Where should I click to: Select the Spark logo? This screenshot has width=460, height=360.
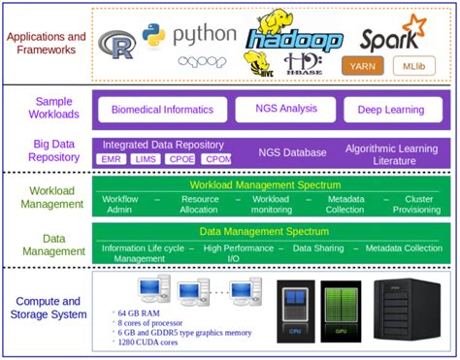click(392, 33)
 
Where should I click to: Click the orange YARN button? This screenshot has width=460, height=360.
click(363, 65)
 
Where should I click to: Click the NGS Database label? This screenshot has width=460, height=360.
click(292, 152)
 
